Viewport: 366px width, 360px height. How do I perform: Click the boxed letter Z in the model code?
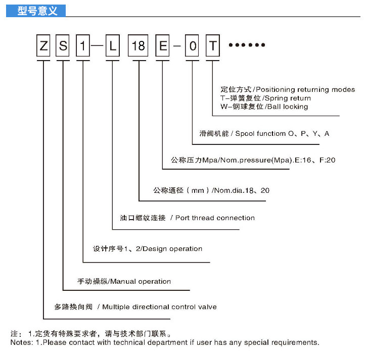pos(43,46)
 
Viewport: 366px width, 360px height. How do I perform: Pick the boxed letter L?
pos(113,46)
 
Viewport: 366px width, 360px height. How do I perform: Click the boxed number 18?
pos(139,46)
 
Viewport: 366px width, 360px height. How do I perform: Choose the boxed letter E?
pos(163,46)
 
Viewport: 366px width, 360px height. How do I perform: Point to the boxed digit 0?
pos(193,46)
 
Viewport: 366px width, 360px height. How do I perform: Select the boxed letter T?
pos(213,46)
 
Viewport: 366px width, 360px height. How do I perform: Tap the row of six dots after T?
pos(247,45)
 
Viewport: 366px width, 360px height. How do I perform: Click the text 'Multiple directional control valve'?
pos(159,306)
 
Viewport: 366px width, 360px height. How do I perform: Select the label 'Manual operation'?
pos(140,281)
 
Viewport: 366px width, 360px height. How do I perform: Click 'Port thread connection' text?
pos(215,218)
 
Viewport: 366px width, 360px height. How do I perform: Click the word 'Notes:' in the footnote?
pos(22,342)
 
